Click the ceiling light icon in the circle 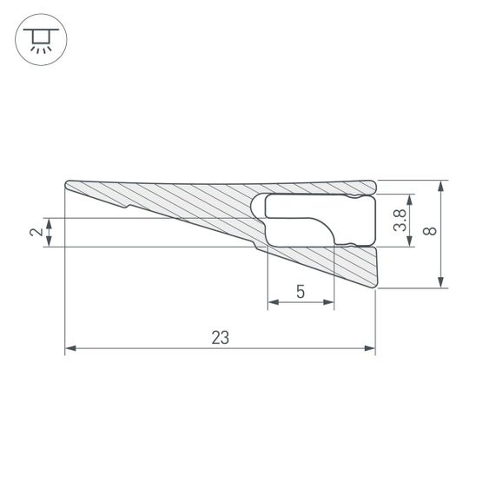37,39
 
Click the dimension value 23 221,338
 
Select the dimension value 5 300,292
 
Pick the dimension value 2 35,232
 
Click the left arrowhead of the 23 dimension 71,349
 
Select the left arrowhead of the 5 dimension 272,303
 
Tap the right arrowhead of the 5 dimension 329,303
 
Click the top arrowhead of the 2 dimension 49,221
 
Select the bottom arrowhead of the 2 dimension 49,242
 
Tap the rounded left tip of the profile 68,186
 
